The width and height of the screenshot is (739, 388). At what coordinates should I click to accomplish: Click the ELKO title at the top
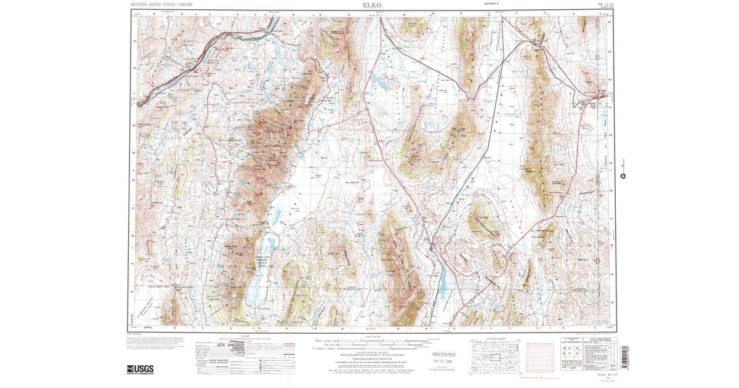tap(371, 5)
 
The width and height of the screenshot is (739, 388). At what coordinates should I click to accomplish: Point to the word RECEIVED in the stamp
tap(443, 355)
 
